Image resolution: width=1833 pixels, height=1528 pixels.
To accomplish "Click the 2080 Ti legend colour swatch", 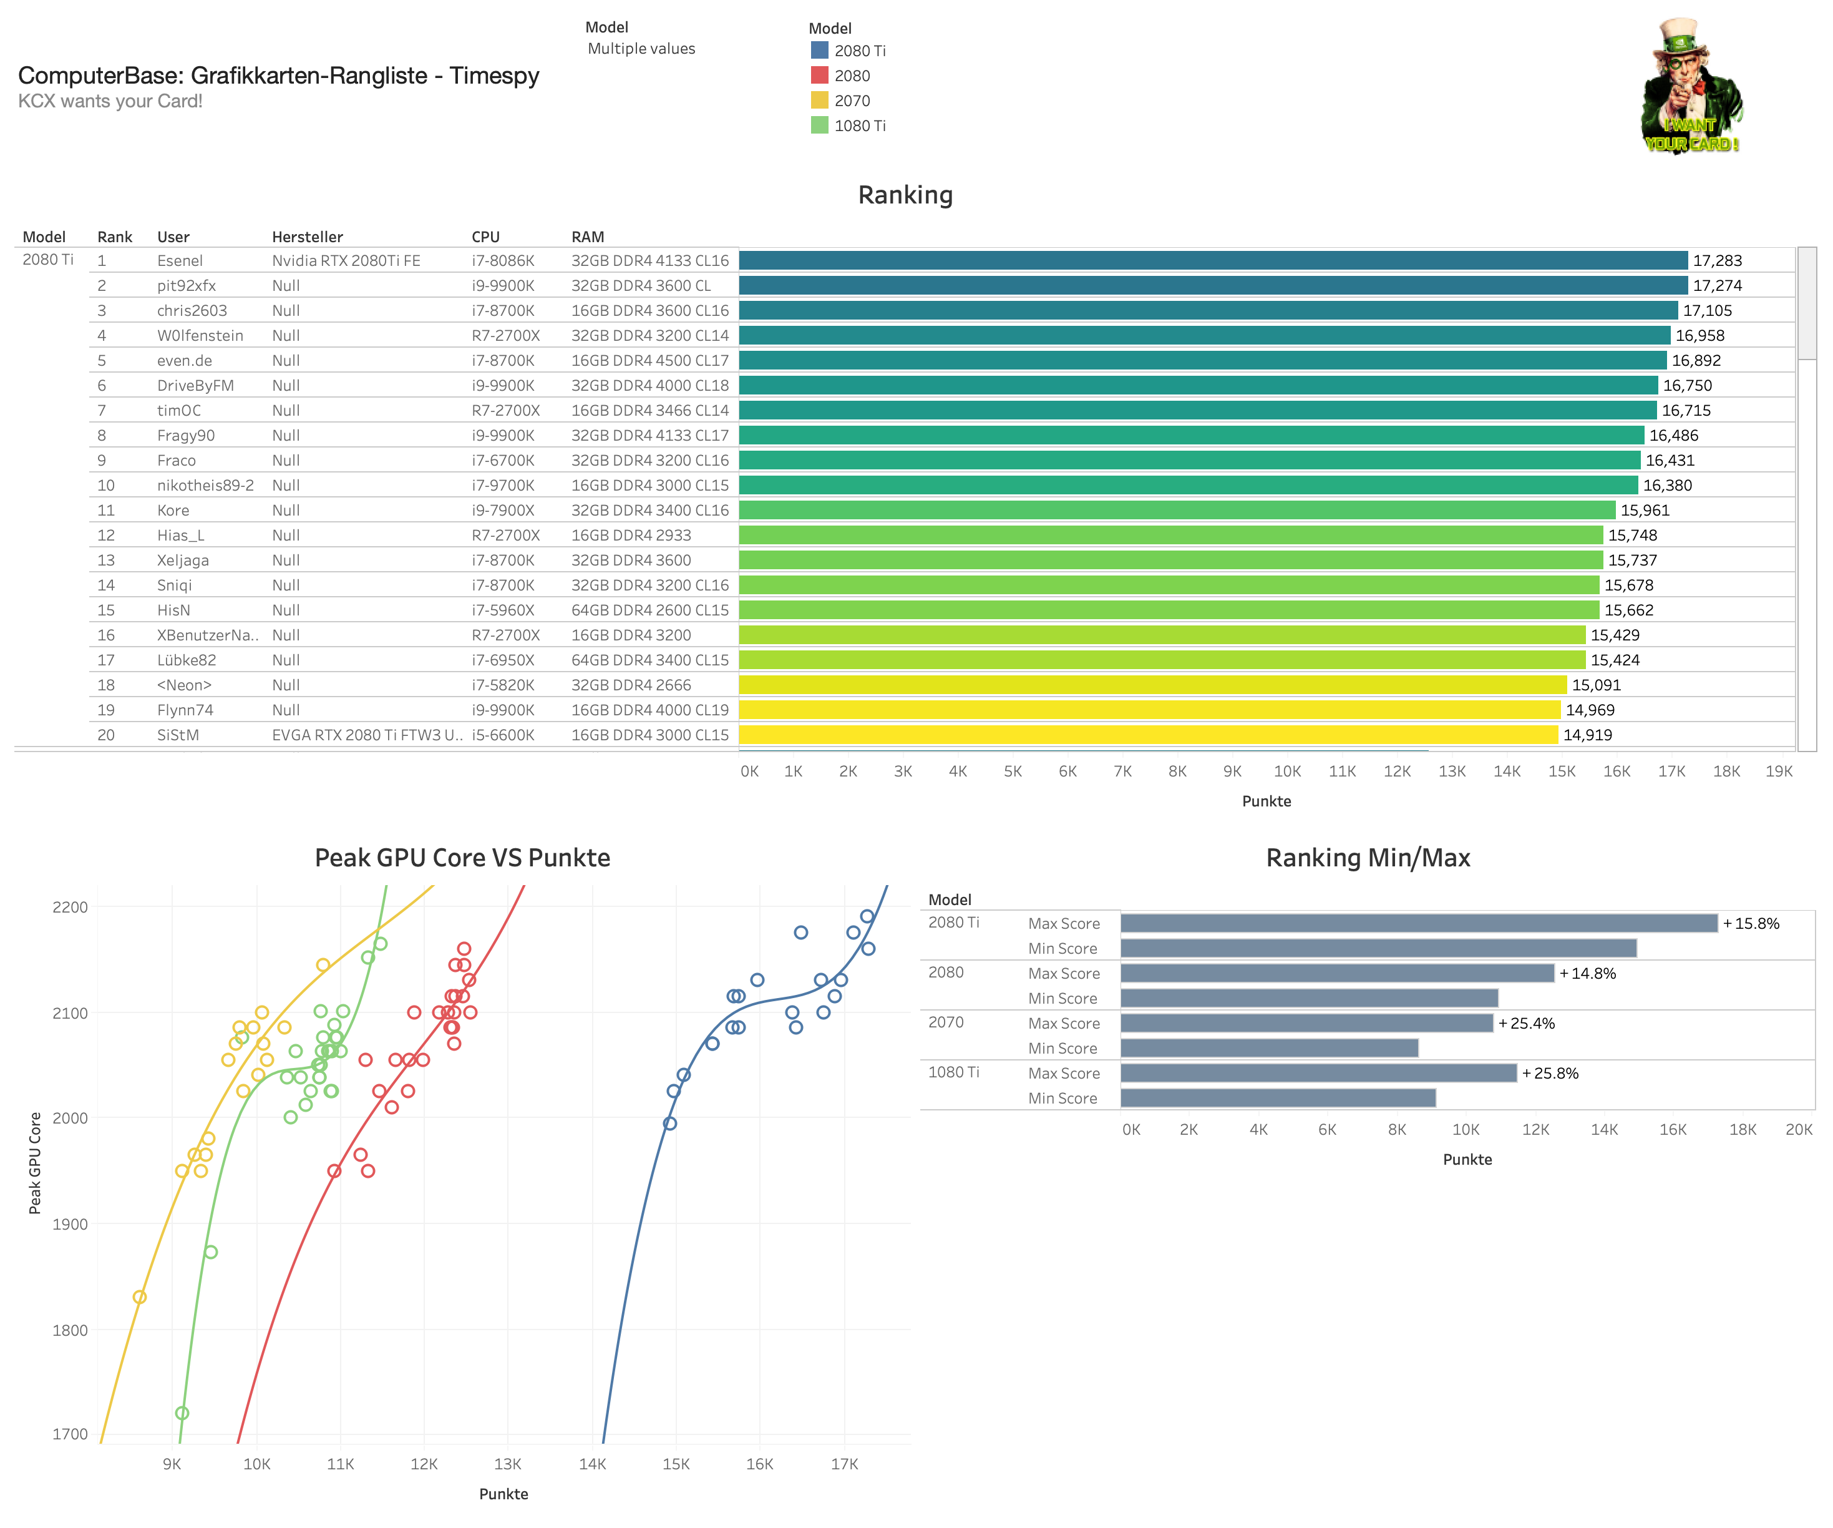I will click(x=819, y=51).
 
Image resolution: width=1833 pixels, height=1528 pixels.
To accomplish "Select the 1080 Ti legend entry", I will click(x=859, y=125).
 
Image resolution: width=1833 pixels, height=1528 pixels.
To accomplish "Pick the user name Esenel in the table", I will click(x=180, y=260).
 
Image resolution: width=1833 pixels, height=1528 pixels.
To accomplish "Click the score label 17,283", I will click(x=1716, y=260).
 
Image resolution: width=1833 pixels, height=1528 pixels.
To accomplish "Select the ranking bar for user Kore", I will click(x=1176, y=510).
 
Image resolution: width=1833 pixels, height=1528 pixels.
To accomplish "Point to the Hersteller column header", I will click(x=307, y=237).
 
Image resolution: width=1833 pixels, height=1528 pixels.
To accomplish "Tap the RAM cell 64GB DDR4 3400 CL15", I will click(x=649, y=660).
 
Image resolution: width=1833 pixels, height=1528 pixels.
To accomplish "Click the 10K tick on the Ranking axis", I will click(x=1286, y=771).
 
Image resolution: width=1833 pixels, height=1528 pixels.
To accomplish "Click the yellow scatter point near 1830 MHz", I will click(x=140, y=1296).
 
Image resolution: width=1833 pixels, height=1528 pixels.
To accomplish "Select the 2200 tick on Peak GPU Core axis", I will click(x=70, y=907).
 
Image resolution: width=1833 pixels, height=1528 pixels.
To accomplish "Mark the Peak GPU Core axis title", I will click(x=35, y=1163).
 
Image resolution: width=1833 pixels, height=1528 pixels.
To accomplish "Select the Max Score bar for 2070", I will click(x=1306, y=1022).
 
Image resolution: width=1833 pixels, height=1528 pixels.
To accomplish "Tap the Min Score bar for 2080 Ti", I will click(x=1378, y=948).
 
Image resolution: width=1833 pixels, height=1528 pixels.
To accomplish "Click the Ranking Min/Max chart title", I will click(x=1367, y=858).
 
